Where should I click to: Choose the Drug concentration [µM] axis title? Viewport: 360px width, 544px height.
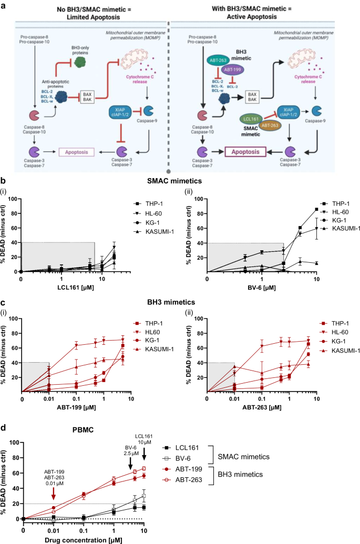tap(84, 539)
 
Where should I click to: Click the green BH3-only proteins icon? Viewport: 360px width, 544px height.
tap(80, 63)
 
